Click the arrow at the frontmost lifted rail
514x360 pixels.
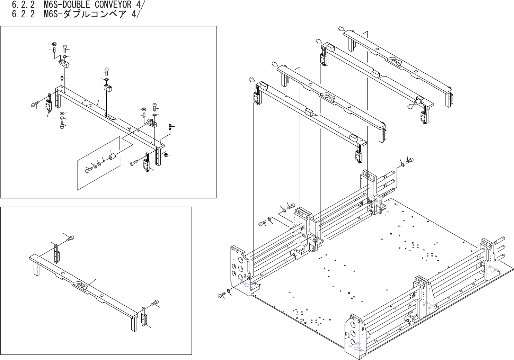coord(252,81)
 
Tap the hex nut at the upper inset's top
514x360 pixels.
coord(54,44)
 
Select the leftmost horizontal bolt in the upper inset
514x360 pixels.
coord(35,104)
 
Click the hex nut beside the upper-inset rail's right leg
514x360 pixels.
coord(166,154)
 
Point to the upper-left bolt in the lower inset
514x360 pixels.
coord(71,238)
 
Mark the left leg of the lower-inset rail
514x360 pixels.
coord(36,268)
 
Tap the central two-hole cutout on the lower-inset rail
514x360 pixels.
coord(81,285)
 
